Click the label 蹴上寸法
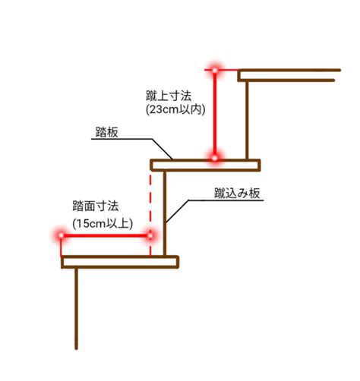(x=169, y=96)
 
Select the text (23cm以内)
(x=175, y=110)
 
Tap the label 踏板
(x=107, y=132)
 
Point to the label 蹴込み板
(x=237, y=194)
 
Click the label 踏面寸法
(x=96, y=206)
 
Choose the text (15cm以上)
(x=103, y=224)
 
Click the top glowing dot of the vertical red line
(x=215, y=70)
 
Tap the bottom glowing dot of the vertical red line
(x=215, y=158)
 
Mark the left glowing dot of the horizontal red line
(x=61, y=235)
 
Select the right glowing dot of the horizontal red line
(x=150, y=236)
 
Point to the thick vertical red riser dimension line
(x=215, y=114)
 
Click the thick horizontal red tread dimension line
(x=106, y=236)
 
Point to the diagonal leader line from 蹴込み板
(x=177, y=212)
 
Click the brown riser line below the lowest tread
(x=76, y=309)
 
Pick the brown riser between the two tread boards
(x=165, y=214)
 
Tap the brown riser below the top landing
(x=247, y=120)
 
